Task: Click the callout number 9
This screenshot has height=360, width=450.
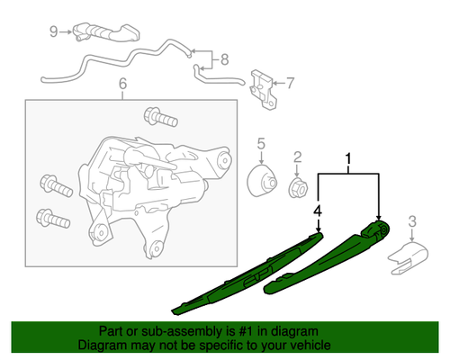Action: [x=53, y=31]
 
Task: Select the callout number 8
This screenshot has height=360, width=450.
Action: [x=225, y=62]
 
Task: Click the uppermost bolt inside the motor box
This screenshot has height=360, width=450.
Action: [x=156, y=118]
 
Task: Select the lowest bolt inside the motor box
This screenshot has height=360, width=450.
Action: [x=51, y=219]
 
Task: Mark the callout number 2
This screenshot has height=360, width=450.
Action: [x=297, y=158]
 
